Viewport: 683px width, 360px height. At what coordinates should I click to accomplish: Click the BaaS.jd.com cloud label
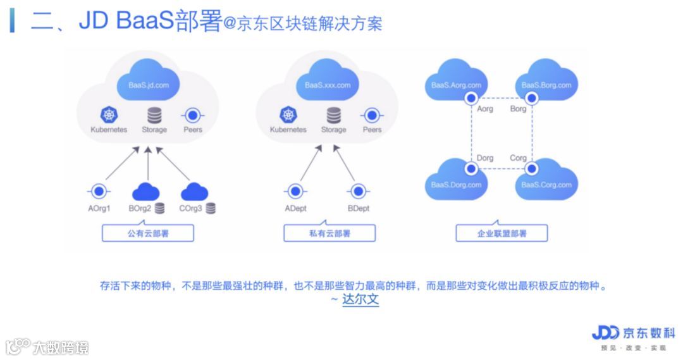click(148, 85)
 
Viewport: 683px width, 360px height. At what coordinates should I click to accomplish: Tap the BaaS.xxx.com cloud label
click(327, 85)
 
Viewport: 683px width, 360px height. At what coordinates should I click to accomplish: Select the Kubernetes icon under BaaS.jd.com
click(109, 115)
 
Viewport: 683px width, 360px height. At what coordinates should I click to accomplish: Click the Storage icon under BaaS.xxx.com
click(333, 115)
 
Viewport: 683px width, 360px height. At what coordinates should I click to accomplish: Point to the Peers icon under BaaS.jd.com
click(192, 115)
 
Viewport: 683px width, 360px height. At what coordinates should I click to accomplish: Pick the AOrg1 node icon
click(99, 191)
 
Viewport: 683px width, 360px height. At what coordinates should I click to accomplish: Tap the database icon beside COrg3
click(211, 208)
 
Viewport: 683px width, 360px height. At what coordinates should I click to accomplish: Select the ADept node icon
click(295, 191)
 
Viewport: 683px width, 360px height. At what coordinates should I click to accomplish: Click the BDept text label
click(359, 208)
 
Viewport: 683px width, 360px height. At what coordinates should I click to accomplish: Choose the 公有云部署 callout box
click(148, 233)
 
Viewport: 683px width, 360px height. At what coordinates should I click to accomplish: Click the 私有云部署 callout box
click(329, 233)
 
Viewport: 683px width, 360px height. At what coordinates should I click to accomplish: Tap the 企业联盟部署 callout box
click(501, 233)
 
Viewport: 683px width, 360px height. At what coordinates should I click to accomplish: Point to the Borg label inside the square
click(518, 109)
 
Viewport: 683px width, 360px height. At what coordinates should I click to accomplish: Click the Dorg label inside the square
click(485, 158)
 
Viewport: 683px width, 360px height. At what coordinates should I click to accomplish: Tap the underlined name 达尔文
click(360, 299)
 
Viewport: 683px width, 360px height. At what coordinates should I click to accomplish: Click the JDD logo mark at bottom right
click(605, 333)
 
